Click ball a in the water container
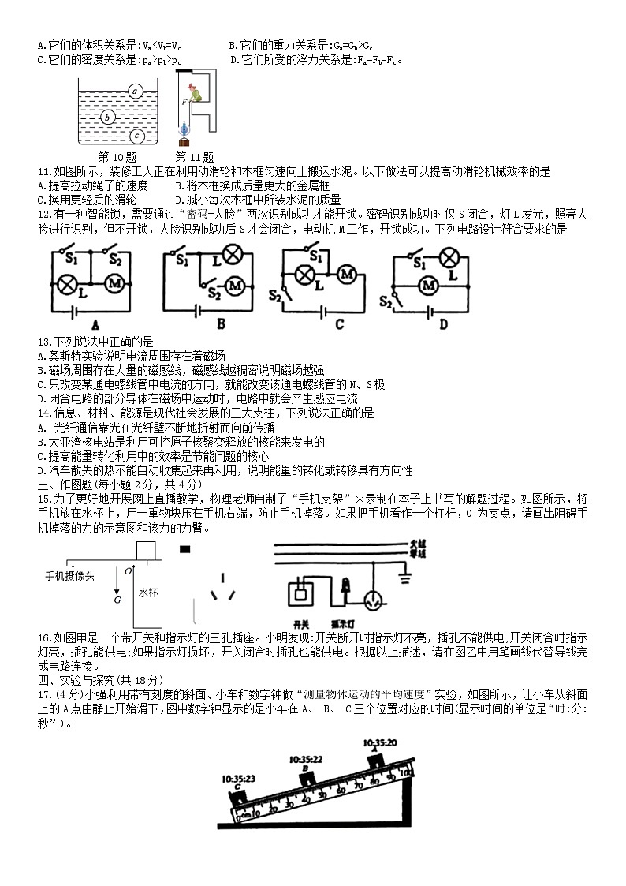coord(135,91)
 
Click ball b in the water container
coord(109,118)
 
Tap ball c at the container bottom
coord(136,135)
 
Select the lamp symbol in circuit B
coord(233,255)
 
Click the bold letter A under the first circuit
coord(95,323)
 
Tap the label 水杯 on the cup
coord(148,591)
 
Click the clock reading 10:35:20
coord(380,743)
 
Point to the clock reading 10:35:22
coord(306,760)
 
